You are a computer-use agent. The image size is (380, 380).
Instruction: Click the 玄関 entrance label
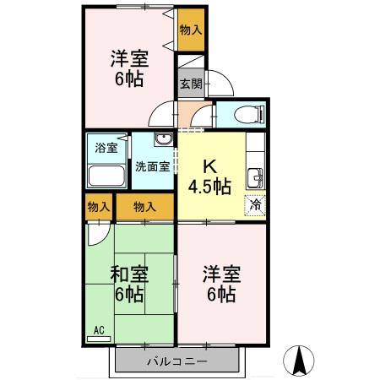click(191, 84)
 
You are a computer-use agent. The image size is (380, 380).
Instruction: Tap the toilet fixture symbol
click(243, 114)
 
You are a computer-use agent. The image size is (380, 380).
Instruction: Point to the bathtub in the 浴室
click(106, 176)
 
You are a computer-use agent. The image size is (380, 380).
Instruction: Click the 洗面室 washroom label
click(153, 166)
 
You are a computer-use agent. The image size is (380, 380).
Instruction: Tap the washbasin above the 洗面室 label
click(164, 140)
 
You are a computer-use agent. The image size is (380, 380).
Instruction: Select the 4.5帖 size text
click(210, 186)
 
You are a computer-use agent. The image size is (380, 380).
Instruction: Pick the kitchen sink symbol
click(254, 177)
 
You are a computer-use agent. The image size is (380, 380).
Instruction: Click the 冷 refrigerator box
click(254, 204)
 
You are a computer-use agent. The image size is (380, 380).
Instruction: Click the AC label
click(98, 329)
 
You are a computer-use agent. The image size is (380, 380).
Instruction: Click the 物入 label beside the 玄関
click(191, 30)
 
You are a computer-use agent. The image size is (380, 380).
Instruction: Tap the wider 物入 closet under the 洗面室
click(144, 206)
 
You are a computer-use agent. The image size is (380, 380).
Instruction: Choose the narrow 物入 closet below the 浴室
click(98, 206)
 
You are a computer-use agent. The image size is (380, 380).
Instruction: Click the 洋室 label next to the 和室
click(221, 274)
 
